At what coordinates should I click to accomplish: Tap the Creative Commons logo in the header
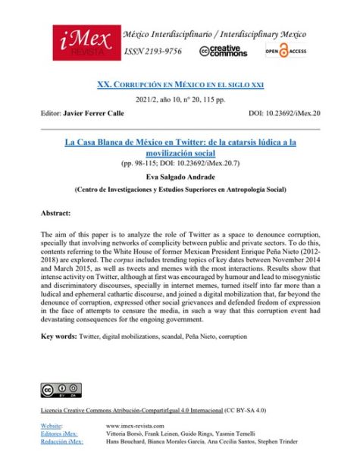(224, 51)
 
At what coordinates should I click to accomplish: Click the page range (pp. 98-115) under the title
(180, 162)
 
